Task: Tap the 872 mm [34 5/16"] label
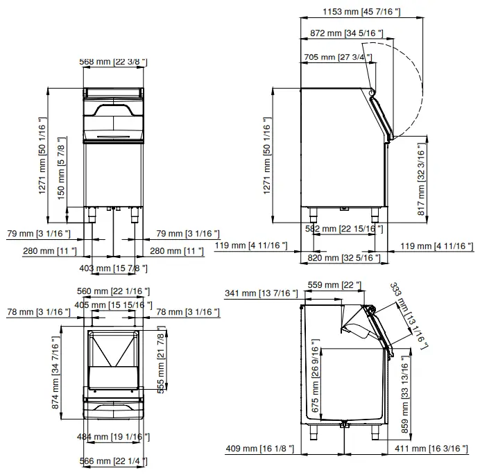pyautogui.click(x=343, y=33)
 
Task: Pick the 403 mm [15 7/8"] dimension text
pyautogui.click(x=114, y=268)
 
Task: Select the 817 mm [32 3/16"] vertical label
pyautogui.click(x=420, y=180)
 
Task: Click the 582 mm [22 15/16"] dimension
pyautogui.click(x=344, y=229)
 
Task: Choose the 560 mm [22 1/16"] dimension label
pyautogui.click(x=113, y=291)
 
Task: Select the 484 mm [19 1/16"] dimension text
pyautogui.click(x=113, y=436)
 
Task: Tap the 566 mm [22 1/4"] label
pyautogui.click(x=113, y=461)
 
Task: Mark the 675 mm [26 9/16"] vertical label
pyautogui.click(x=316, y=377)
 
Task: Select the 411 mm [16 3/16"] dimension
pyautogui.click(x=433, y=449)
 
